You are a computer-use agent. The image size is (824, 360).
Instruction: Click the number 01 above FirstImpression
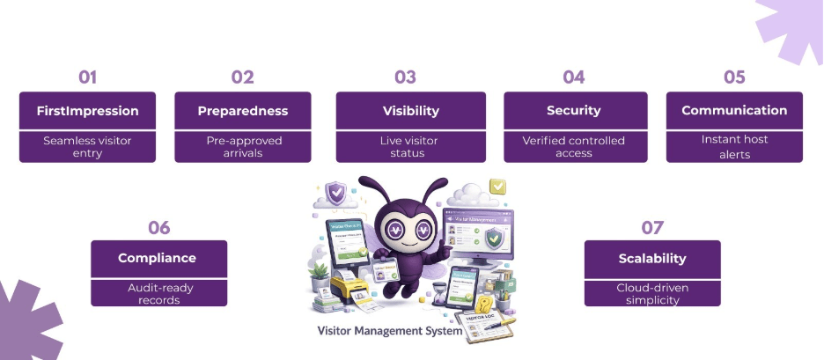tap(87, 77)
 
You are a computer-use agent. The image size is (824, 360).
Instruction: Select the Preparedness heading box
tap(243, 111)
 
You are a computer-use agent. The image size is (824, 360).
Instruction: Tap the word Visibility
tap(410, 111)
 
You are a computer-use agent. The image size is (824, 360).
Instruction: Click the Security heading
tap(574, 111)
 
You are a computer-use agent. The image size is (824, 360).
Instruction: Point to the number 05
tap(734, 77)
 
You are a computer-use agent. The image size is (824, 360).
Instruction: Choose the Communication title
tap(734, 111)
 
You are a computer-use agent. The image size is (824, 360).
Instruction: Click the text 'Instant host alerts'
tap(734, 146)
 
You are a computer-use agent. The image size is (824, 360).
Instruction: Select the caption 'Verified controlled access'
tap(574, 146)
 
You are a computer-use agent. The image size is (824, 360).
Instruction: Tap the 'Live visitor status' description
tap(410, 146)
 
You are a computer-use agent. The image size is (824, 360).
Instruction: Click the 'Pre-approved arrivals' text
tap(243, 146)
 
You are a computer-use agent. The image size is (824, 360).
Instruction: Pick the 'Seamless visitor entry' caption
tap(87, 146)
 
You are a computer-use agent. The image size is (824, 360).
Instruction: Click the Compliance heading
tap(158, 259)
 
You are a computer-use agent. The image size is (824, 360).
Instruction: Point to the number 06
tap(158, 227)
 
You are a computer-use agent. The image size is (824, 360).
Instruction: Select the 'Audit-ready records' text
tap(158, 293)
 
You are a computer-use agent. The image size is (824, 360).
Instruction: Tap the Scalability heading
tap(652, 259)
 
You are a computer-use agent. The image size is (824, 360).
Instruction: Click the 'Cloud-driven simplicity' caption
tap(652, 293)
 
